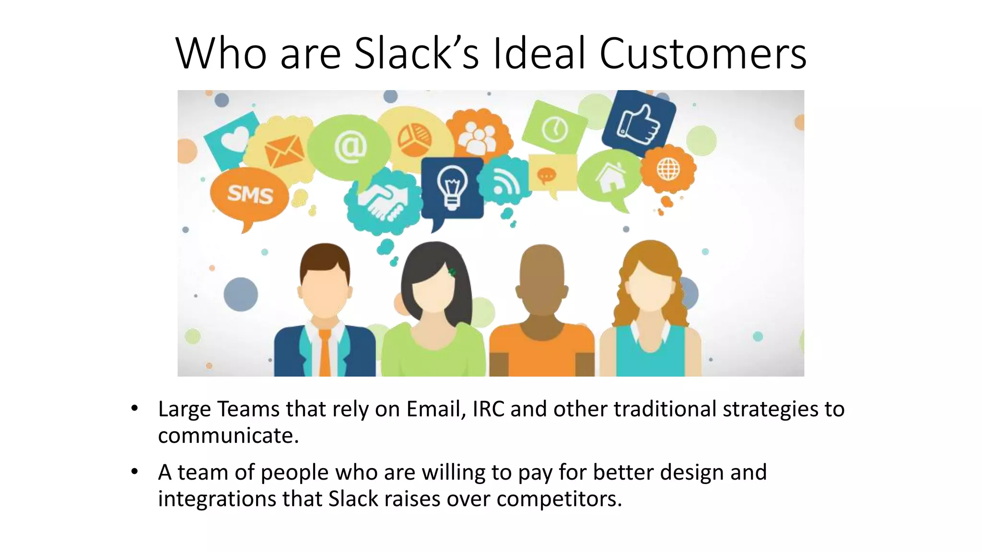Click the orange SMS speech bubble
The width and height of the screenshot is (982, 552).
click(x=250, y=195)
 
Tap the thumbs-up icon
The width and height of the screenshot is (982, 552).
click(x=639, y=124)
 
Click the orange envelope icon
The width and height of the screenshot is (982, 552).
click(x=284, y=150)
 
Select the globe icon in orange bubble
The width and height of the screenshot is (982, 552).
click(x=668, y=169)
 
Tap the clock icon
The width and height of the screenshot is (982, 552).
click(x=555, y=129)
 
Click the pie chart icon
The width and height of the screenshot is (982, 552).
click(x=414, y=139)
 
